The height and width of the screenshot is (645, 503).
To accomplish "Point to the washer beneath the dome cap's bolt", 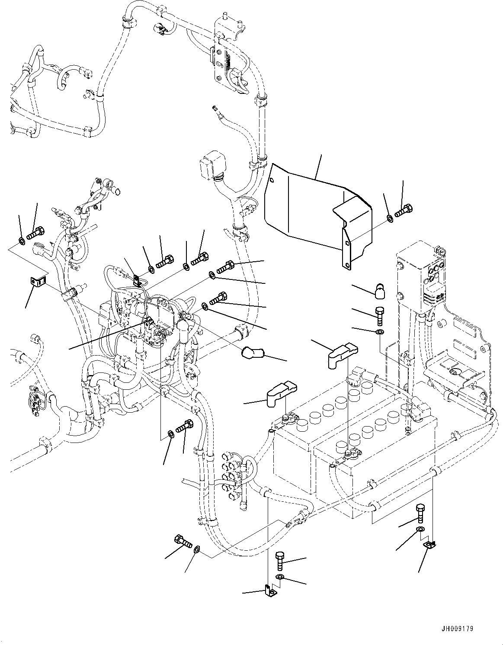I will point(380,332).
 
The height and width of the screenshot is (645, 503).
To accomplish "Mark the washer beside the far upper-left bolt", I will point(21,240).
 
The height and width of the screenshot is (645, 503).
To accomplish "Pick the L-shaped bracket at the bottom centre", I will point(270,590).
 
